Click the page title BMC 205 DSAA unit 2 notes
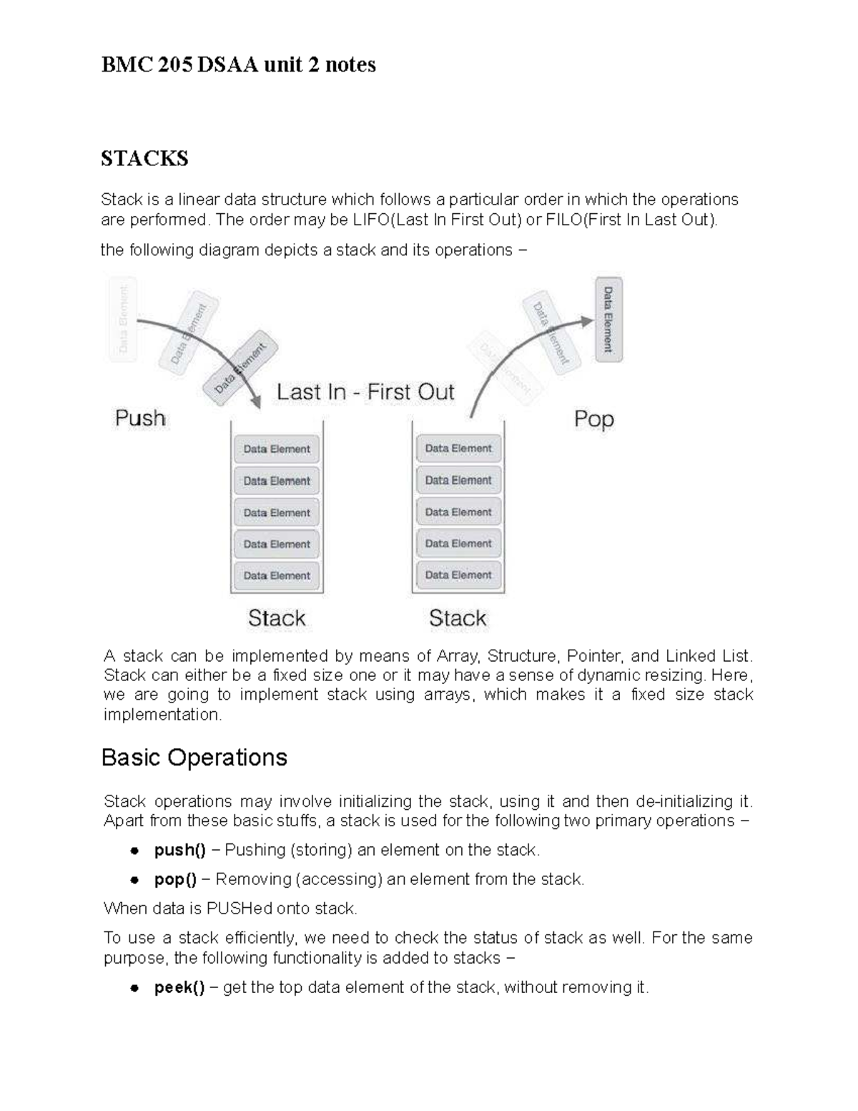coord(238,65)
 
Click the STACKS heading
coord(144,158)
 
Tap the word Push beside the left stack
coord(140,418)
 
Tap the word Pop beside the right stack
coord(593,419)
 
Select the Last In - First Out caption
coord(365,392)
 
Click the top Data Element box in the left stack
coord(277,449)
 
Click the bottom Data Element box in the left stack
coord(277,575)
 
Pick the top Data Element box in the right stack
coord(458,449)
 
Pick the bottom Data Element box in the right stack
coord(458,574)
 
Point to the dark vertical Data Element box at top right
coord(608,319)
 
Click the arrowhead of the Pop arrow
coord(587,322)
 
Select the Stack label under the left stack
coord(277,618)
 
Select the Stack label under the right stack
coord(458,618)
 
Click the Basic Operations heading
coord(194,758)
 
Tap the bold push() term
coord(179,850)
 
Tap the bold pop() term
coord(175,879)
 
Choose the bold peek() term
coord(179,988)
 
